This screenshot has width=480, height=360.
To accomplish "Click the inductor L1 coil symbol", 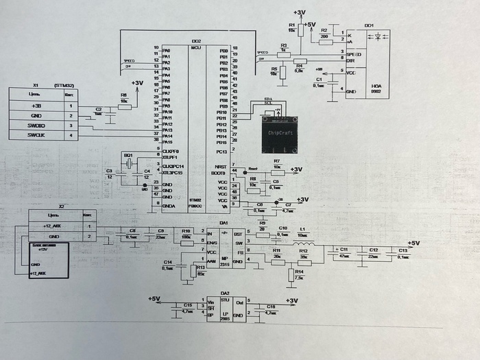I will point(304,243).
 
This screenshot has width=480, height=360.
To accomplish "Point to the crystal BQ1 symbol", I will point(128,165).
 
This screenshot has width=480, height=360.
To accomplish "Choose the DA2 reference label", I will point(224,291).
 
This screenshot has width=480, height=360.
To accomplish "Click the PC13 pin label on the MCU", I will point(221,150).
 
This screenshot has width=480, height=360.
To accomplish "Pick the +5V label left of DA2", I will point(154,299).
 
